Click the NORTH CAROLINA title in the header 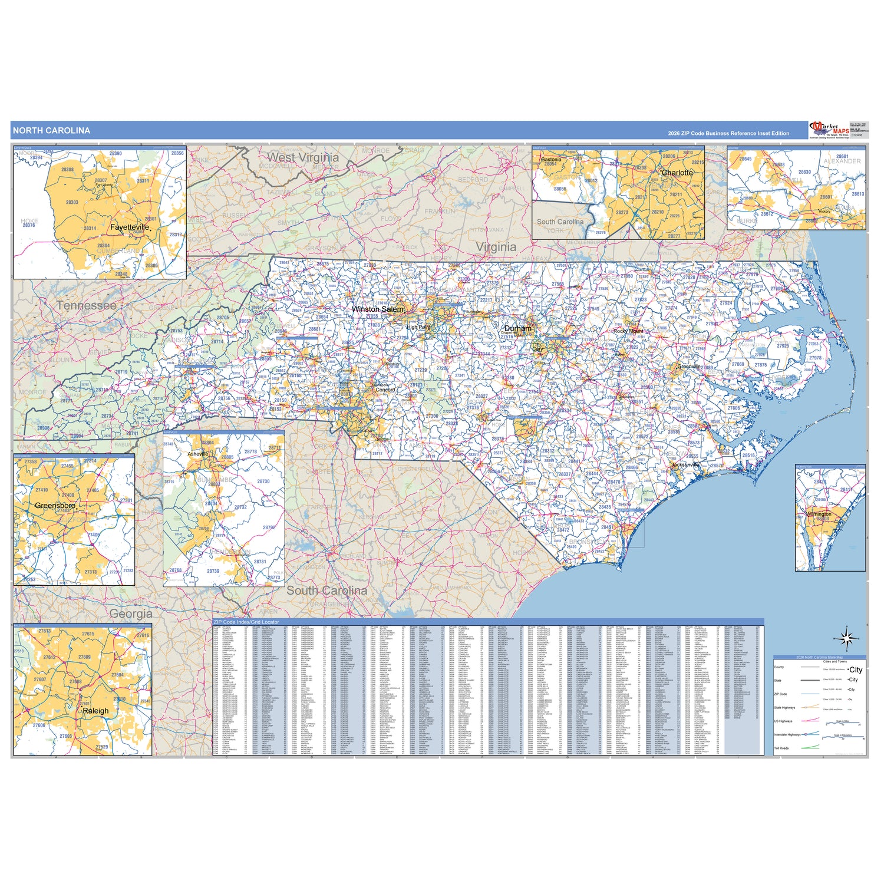click(51, 131)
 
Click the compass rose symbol click(847, 639)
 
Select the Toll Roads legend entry click(781, 748)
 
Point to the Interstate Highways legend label click(787, 735)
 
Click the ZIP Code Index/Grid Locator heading click(246, 622)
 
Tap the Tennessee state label click(87, 305)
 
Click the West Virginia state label click(303, 157)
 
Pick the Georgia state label click(131, 613)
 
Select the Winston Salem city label click(378, 309)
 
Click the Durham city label click(517, 328)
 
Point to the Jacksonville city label click(685, 465)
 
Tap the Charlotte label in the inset click(677, 173)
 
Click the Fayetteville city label click(130, 227)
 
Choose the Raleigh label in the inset click(95, 711)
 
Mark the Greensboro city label click(55, 506)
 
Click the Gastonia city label click(551, 159)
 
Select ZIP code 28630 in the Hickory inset click(804, 172)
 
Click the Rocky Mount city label click(628, 331)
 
